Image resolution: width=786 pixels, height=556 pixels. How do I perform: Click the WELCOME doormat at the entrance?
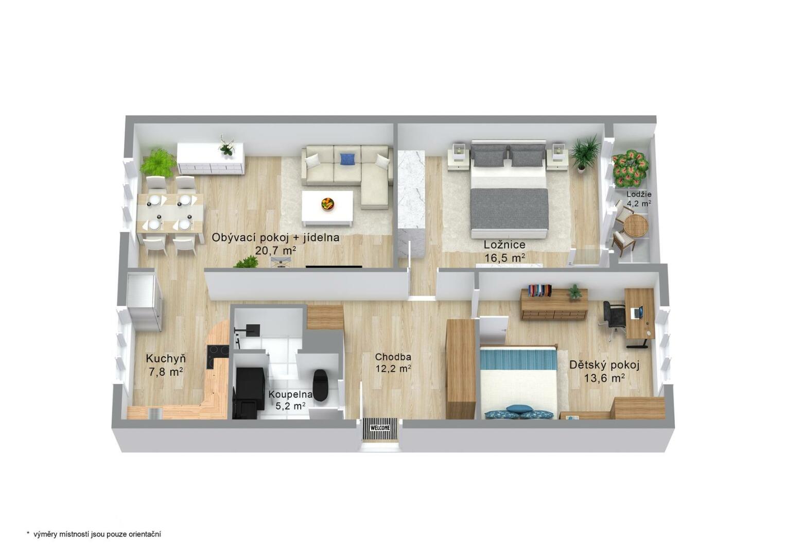click(380, 428)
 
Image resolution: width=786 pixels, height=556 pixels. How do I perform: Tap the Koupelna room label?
click(290, 394)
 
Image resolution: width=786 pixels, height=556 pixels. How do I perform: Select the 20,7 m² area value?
click(276, 251)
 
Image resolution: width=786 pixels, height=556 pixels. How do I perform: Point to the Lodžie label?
click(639, 194)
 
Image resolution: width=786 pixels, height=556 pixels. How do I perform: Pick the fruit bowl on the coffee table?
click(328, 204)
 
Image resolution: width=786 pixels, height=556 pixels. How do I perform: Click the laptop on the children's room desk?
click(637, 312)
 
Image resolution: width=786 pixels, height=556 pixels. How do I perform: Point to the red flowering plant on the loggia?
click(630, 170)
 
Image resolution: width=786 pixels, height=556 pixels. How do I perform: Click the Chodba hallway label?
click(393, 357)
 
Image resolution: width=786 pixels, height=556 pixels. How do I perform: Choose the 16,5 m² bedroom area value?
click(504, 258)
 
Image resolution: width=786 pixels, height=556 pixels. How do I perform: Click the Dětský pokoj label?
click(604, 366)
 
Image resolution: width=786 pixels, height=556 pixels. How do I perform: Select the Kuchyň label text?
click(166, 358)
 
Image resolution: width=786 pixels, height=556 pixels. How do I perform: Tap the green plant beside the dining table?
click(158, 163)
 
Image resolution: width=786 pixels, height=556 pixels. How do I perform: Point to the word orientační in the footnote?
click(145, 534)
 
